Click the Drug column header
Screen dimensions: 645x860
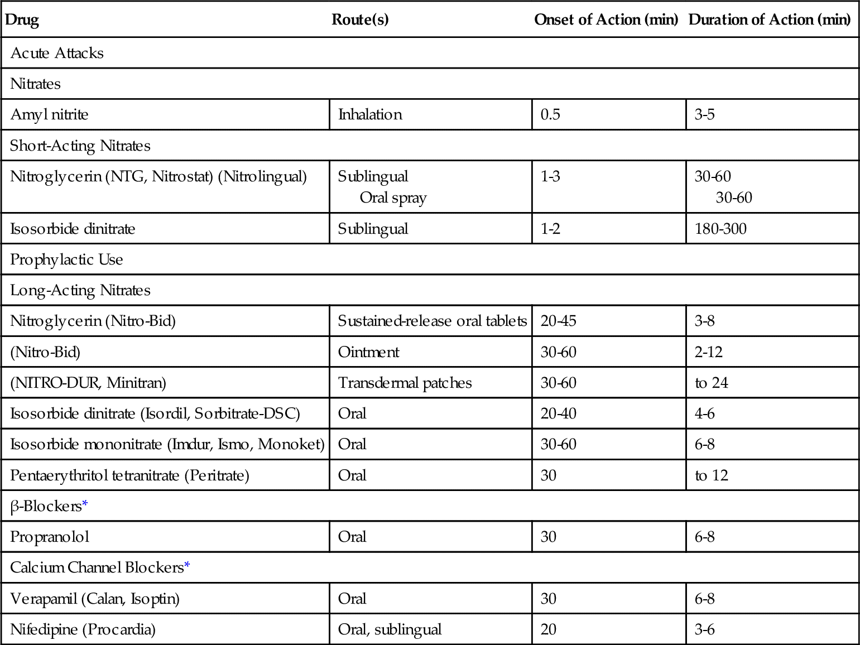click(x=22, y=20)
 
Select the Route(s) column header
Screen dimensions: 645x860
click(x=360, y=20)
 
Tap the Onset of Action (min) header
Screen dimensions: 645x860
click(x=606, y=20)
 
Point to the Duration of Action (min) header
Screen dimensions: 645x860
click(x=769, y=20)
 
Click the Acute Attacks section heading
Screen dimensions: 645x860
click(x=57, y=53)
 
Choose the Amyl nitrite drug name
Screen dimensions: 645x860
click(x=49, y=115)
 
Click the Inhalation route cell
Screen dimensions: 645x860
click(x=370, y=115)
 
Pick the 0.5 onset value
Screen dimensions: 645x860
click(x=550, y=115)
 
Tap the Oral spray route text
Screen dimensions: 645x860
click(x=393, y=198)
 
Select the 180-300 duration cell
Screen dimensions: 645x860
click(x=720, y=229)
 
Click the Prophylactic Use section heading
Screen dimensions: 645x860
click(x=66, y=260)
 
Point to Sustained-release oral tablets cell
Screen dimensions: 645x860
click(x=432, y=321)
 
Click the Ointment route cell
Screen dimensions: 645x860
click(x=368, y=352)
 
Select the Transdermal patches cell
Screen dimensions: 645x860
click(x=405, y=383)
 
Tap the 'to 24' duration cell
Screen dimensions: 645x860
click(x=711, y=383)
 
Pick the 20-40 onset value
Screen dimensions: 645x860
click(x=558, y=414)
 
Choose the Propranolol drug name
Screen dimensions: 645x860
click(x=50, y=537)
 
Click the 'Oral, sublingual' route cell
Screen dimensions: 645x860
click(x=390, y=630)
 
